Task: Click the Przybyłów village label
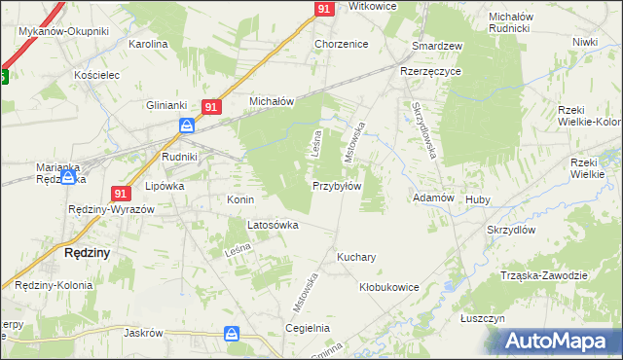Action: coord(337,186)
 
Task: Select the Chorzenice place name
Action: coord(340,45)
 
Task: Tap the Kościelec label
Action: coord(96,74)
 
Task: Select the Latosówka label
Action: coord(273,225)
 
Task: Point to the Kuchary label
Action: coord(356,258)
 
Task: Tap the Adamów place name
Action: coord(434,198)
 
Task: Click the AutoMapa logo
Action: coord(558,341)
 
